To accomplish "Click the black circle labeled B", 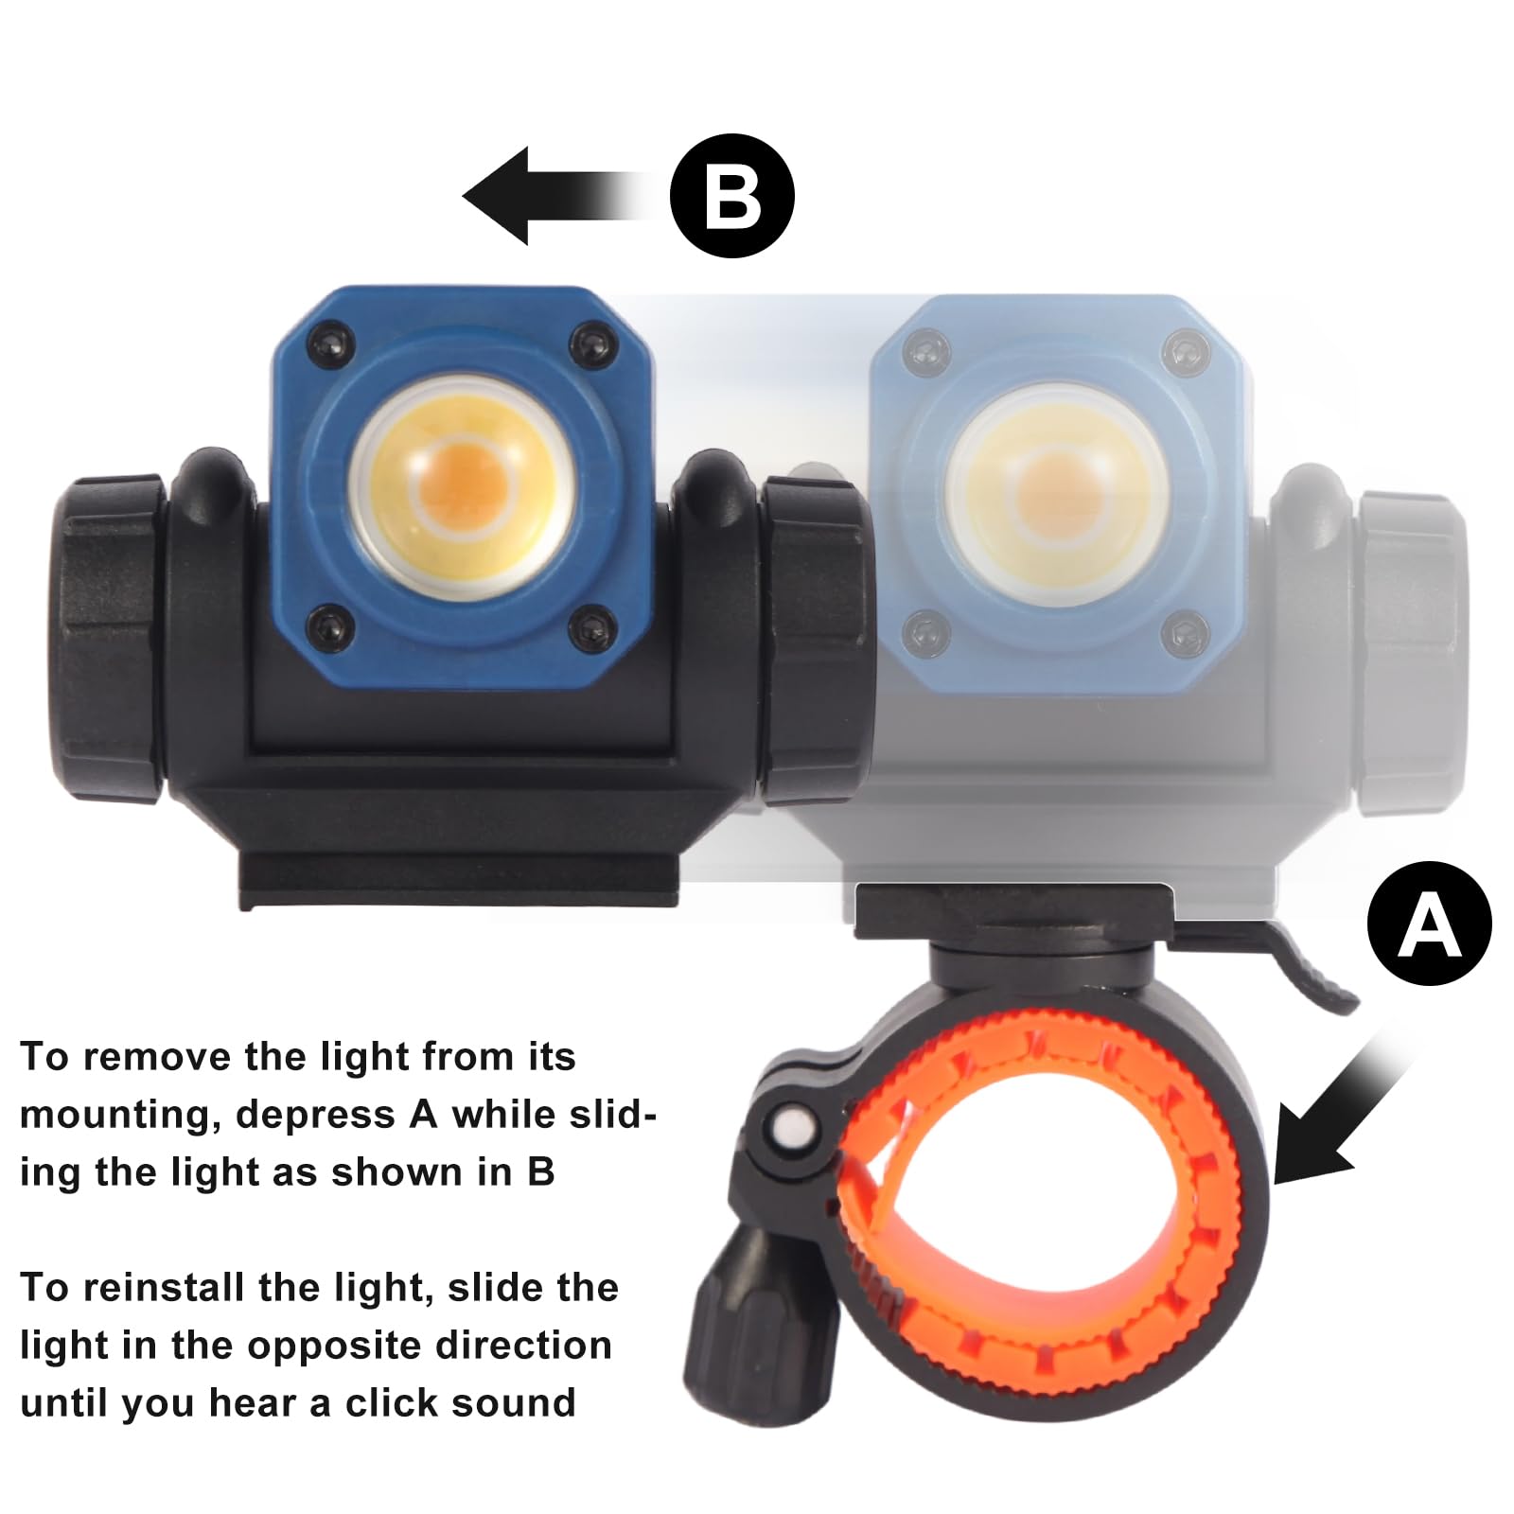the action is [x=731, y=196].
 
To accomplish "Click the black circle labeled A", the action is [x=1429, y=923].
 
